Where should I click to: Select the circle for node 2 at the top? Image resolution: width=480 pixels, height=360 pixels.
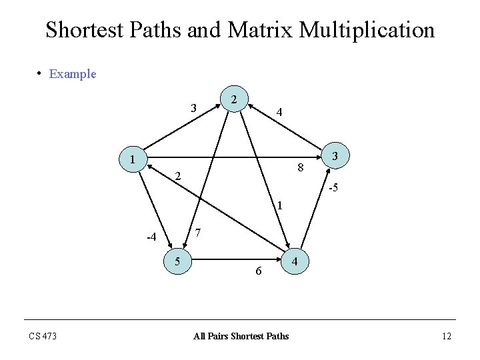click(233, 99)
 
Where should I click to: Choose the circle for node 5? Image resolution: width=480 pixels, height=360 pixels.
click(178, 262)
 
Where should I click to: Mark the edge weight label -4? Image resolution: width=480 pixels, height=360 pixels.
click(151, 237)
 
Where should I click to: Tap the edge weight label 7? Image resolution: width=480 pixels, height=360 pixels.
click(198, 233)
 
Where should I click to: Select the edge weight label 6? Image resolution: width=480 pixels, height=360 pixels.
click(259, 271)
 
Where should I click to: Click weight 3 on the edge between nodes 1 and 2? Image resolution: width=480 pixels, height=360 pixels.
click(193, 108)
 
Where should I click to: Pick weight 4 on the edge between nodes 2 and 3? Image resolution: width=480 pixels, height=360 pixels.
click(280, 113)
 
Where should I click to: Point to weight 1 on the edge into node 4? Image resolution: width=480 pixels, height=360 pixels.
click(280, 205)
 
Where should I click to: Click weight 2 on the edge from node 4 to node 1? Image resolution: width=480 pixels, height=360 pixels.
click(178, 177)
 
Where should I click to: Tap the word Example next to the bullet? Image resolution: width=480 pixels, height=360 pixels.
click(73, 74)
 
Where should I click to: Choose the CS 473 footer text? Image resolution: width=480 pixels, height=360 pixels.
click(43, 336)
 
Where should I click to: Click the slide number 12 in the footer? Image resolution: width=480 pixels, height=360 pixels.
click(446, 336)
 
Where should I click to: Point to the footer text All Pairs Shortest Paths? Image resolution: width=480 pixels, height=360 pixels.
click(241, 336)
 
